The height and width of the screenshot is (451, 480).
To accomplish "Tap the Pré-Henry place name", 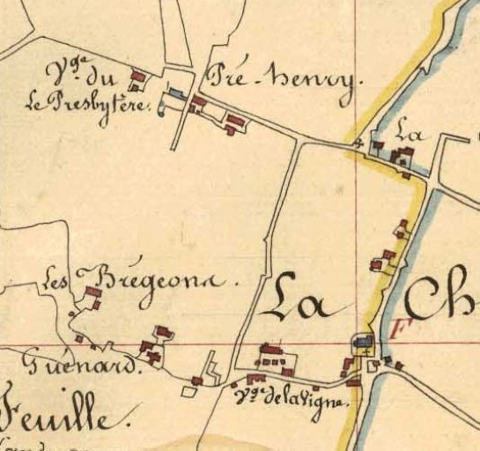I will point(282,81).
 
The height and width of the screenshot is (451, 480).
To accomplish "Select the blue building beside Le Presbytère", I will point(177,93).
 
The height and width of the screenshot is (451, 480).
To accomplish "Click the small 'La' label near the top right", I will point(410,134).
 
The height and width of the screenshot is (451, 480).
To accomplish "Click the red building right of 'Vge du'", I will point(137,79).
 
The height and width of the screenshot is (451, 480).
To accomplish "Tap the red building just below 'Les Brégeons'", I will point(92,294).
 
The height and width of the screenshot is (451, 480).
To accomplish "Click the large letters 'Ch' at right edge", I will point(445,299).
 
